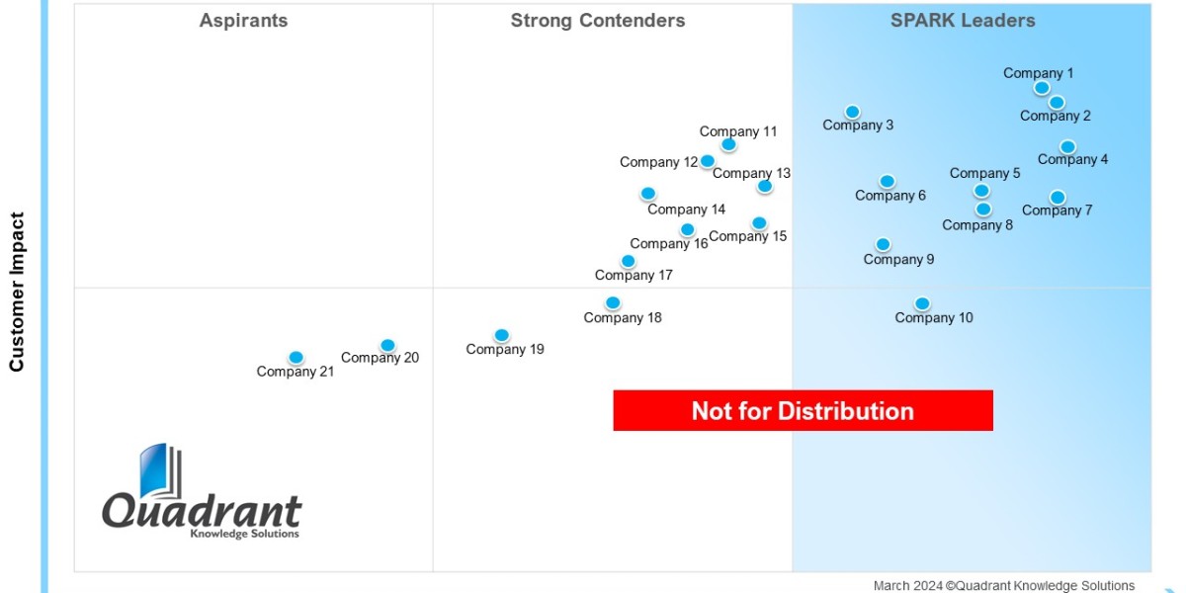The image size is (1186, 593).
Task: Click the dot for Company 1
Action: coord(1042,88)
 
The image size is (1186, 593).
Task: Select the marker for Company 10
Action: coord(922,303)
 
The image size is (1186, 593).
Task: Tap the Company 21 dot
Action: coord(296,358)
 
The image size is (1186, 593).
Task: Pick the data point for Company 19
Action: coord(502,335)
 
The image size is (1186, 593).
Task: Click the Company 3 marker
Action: coord(852,112)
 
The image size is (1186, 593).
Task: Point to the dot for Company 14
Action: coord(647,194)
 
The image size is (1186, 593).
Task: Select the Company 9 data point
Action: coord(883,244)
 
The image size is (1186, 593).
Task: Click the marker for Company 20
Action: coord(387,345)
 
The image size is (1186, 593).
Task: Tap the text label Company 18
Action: coord(623,318)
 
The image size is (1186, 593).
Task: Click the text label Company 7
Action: coord(1057,211)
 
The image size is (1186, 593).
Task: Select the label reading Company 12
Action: coord(658,162)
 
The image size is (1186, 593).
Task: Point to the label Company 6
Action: coord(890,196)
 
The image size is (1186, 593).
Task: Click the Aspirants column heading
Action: coord(243,21)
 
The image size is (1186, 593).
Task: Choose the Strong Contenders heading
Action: coord(597,21)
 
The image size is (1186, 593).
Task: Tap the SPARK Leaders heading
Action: coord(962,21)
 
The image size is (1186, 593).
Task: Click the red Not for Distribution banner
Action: coord(803,410)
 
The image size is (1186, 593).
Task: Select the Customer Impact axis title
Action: coord(17,292)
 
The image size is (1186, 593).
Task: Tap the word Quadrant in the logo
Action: coord(202,512)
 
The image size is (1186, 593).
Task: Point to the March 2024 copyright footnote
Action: coord(1003,585)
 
